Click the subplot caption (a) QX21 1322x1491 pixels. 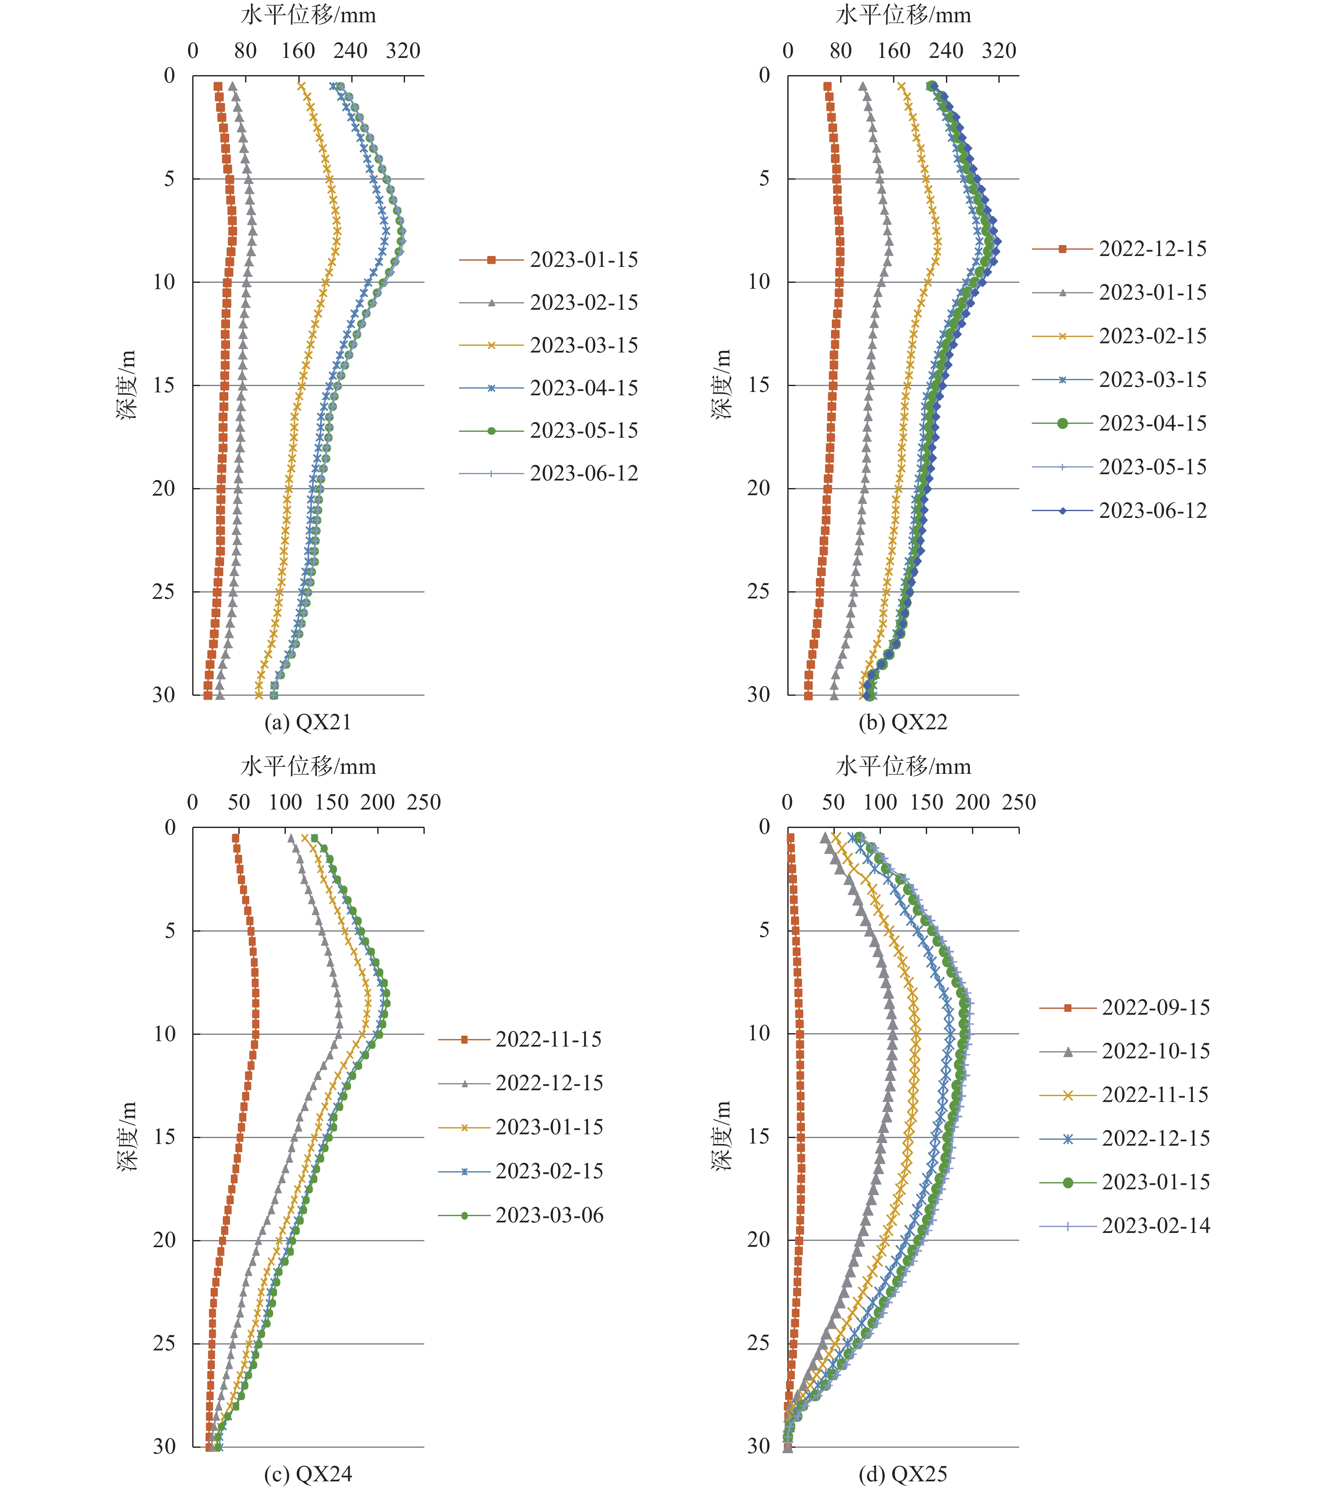308,722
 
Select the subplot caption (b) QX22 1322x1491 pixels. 903,722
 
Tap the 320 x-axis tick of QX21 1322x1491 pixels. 403,51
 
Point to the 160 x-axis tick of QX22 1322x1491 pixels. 894,51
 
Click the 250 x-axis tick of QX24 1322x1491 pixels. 424,802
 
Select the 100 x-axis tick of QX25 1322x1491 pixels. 880,802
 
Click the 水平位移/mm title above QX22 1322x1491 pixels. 903,15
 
